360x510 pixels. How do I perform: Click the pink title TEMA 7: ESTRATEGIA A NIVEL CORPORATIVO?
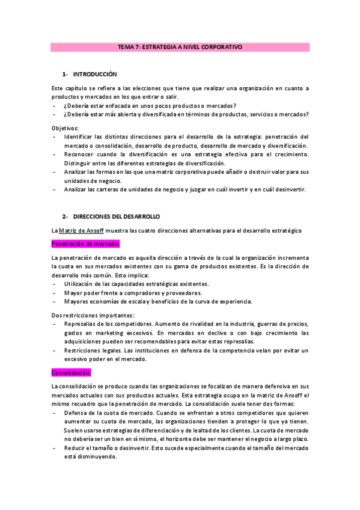coord(180,46)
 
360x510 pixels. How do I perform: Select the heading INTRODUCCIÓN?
coord(94,74)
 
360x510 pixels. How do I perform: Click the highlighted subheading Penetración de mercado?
coord(86,244)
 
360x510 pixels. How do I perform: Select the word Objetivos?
coord(66,127)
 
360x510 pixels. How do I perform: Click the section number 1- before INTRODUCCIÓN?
coord(66,74)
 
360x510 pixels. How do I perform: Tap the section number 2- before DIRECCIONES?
coord(66,216)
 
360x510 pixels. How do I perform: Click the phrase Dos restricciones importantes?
coord(93,315)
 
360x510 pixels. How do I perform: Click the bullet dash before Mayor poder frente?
coord(55,292)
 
